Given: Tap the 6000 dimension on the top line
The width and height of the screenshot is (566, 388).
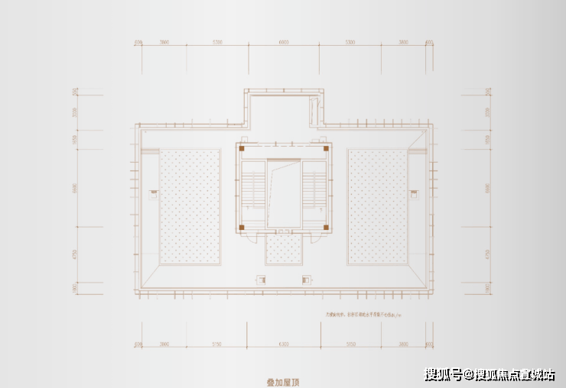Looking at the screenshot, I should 284,43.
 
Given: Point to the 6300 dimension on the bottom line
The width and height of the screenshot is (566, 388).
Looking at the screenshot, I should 284,345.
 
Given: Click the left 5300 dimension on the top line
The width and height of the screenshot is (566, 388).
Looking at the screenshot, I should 217,43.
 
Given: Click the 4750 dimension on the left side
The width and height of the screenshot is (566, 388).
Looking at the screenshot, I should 75,254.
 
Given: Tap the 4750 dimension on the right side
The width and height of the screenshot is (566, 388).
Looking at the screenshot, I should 489,254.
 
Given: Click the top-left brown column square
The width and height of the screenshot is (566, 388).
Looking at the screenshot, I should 242,149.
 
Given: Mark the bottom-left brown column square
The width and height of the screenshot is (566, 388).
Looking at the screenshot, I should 242,227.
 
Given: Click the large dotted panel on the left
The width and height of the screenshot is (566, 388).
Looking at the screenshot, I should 189,206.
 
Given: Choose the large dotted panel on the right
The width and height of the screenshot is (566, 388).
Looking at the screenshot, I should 377,206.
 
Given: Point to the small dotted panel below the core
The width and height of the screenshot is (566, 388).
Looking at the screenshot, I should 284,249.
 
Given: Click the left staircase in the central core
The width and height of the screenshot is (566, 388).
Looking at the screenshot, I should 253,189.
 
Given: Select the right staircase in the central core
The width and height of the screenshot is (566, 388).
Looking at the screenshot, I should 314,189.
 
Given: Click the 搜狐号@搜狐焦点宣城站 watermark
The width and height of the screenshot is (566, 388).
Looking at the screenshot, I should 490,374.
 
